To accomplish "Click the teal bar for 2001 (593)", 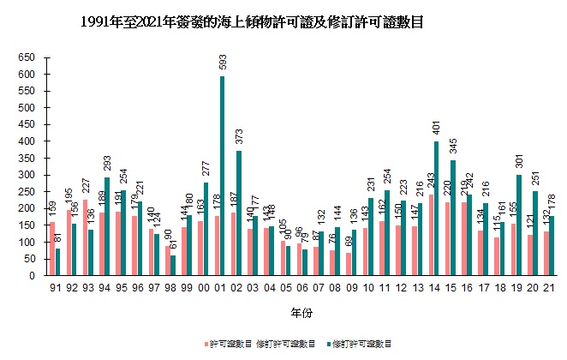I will point(222,176).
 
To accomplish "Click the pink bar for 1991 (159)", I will point(52,249).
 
